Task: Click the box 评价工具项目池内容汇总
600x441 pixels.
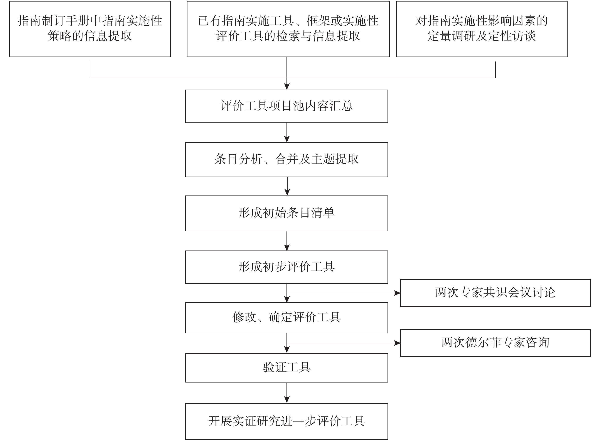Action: coord(287,106)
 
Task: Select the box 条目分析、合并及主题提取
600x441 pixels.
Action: coord(287,160)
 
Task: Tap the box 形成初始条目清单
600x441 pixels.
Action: coord(287,213)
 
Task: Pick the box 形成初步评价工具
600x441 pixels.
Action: coord(287,267)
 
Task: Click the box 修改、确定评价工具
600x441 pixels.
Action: coord(287,318)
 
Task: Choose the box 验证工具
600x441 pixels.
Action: coord(287,367)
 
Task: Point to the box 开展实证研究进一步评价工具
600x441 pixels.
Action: coord(287,421)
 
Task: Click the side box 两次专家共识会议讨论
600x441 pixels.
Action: coord(495,293)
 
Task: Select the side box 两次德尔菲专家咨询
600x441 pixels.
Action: coord(495,343)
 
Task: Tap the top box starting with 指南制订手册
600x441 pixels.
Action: coord(90,29)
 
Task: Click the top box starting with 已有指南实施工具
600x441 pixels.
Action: coord(288,29)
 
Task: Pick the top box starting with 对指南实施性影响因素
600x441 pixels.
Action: coord(482,29)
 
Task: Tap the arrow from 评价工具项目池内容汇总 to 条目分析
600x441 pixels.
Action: coord(287,133)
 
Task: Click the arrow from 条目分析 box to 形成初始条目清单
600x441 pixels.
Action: coord(287,186)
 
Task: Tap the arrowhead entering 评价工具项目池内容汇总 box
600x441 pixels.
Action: coord(287,87)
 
